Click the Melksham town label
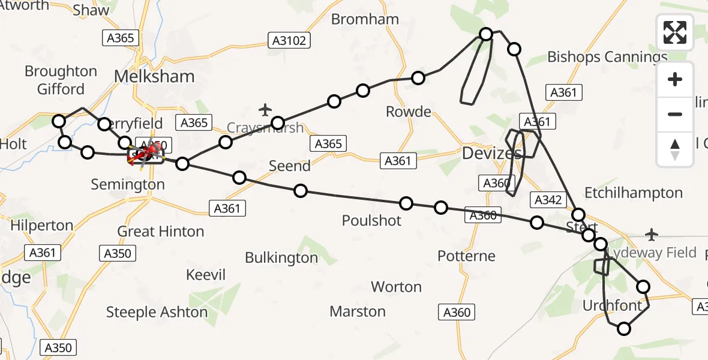[x=154, y=77]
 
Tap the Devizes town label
[x=492, y=154]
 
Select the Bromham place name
[x=365, y=19]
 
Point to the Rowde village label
[x=409, y=112]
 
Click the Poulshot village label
[x=371, y=220]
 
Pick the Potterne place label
[x=466, y=256]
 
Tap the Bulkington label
[x=281, y=258]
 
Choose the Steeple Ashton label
[x=157, y=312]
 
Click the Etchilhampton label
[x=634, y=193]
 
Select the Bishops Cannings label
[x=607, y=57]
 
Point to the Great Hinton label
[x=160, y=232]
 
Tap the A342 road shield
[x=547, y=200]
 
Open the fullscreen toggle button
[x=675, y=32]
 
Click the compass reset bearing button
[x=675, y=149]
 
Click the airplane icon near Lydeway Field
[x=652, y=233]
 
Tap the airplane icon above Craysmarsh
[x=265, y=110]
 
